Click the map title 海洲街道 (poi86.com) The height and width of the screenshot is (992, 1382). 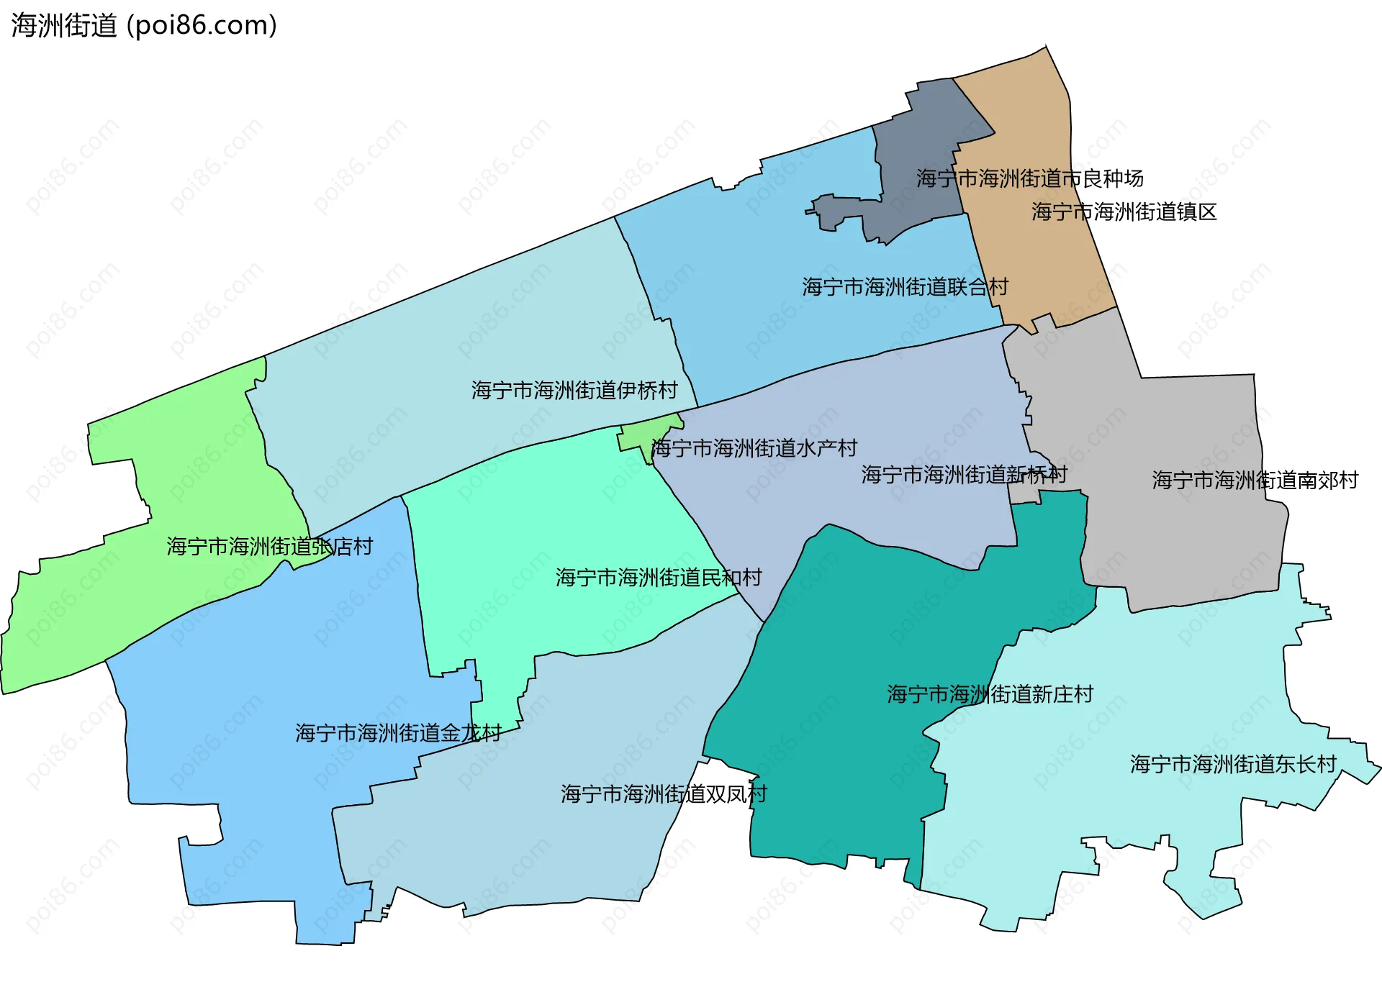(144, 26)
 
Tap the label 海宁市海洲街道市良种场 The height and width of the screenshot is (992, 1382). (1029, 178)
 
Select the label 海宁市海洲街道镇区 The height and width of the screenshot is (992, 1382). (1124, 211)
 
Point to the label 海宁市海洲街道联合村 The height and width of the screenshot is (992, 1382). (905, 287)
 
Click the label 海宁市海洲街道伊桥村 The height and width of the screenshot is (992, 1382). (574, 390)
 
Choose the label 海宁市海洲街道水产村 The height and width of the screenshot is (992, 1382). (754, 448)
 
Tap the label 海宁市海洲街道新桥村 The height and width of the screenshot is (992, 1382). (964, 474)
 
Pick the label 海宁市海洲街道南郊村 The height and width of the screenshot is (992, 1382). (1255, 480)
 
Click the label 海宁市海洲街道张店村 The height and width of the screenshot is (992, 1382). (269, 547)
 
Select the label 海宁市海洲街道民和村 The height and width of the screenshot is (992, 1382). (658, 577)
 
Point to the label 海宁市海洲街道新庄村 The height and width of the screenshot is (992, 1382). (990, 694)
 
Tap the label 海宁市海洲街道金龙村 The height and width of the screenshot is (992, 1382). (398, 733)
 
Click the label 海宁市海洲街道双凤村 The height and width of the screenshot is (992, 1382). (664, 793)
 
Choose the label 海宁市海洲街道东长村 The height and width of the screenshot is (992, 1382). (1233, 764)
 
